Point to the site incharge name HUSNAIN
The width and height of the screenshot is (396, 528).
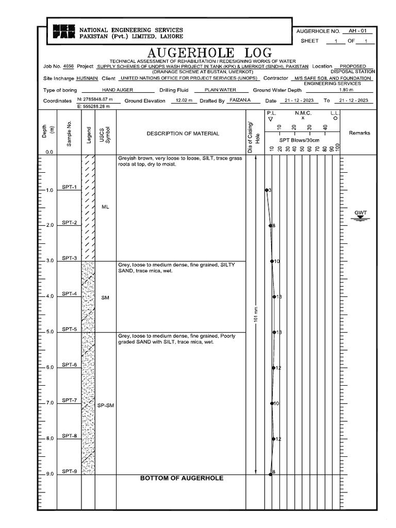87,78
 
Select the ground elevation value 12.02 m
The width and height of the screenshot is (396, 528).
184,101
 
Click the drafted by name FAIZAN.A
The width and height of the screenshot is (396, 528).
240,101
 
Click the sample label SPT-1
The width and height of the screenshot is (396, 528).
70,187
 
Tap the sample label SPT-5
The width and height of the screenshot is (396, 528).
70,329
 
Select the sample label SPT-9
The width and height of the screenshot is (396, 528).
70,471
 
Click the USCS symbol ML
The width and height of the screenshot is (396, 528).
105,207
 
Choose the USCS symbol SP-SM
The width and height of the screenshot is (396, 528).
105,406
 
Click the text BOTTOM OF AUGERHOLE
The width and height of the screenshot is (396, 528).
181,478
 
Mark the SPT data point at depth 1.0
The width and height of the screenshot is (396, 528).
267,190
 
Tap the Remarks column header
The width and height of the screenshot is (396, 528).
359,133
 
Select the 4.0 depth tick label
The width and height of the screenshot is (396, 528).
49,296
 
